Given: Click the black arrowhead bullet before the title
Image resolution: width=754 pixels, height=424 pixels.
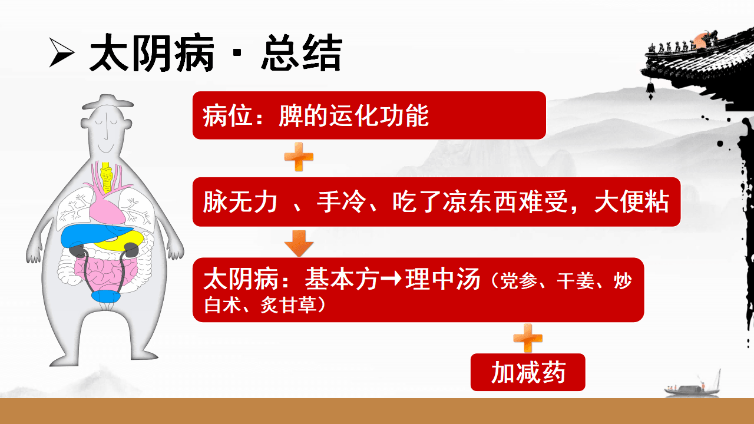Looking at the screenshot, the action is tap(62, 52).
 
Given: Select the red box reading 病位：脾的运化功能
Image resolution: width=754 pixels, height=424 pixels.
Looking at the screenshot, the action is tap(369, 115).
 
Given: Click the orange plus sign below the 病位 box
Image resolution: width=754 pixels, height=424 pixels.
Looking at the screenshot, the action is tap(299, 157).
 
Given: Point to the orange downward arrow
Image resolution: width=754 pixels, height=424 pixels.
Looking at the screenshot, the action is tap(299, 243).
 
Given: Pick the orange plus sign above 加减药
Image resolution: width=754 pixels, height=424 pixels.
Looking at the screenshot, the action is tap(527, 338).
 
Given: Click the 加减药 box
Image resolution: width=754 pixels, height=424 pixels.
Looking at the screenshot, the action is tap(528, 372).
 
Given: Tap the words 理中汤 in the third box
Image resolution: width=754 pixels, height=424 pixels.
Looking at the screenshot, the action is tap(442, 279).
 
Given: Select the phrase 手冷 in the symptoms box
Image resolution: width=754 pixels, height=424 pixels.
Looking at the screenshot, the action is tap(341, 201).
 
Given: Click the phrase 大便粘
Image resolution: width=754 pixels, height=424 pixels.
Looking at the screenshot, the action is tap(631, 201).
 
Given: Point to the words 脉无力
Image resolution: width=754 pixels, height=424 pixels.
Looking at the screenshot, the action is tap(240, 201).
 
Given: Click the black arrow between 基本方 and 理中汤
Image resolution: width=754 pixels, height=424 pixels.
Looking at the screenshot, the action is tap(392, 279).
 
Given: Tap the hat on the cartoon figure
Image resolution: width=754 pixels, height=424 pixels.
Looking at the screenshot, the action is tap(108, 102).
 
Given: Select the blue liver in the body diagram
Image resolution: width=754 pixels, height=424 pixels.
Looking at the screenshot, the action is tap(91, 235).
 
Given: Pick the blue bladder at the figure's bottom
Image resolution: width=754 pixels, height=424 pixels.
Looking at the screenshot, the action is tap(105, 296).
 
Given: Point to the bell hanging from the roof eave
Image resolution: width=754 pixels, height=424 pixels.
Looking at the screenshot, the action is tap(650, 89).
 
